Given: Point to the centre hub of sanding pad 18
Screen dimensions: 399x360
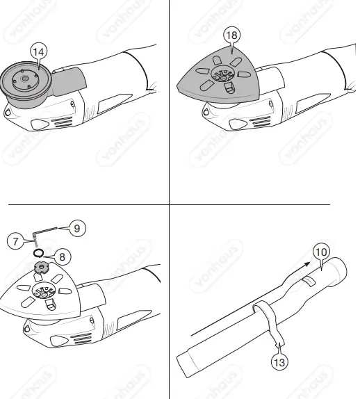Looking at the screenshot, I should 224,77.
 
